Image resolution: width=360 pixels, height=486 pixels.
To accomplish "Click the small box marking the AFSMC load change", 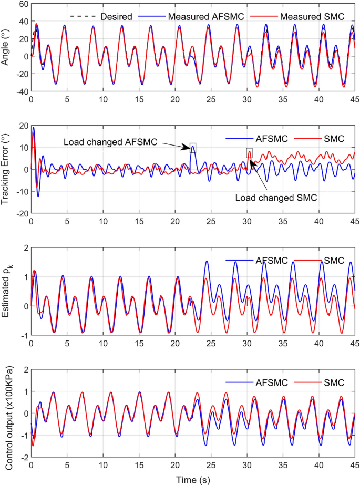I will tap(193, 148).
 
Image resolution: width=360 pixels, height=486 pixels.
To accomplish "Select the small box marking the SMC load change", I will tap(249, 153).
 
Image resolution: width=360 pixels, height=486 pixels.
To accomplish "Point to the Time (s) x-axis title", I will tap(193, 479).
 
